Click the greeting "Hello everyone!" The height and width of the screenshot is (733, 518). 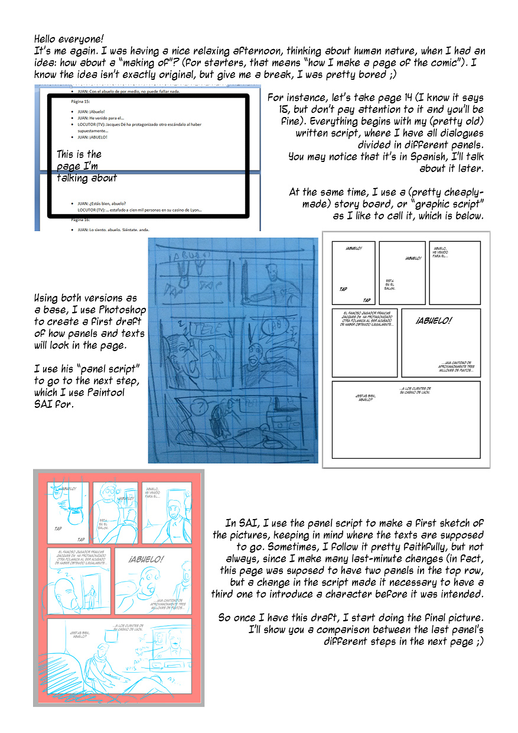tap(69, 39)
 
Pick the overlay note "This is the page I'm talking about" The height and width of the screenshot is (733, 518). tap(86, 166)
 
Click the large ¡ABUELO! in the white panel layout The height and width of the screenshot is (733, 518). tap(434, 321)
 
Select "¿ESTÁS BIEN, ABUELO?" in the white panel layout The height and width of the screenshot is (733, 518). tap(360, 397)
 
